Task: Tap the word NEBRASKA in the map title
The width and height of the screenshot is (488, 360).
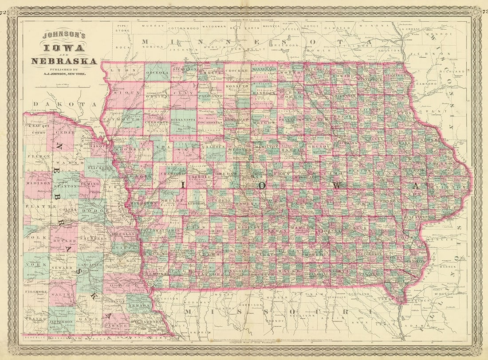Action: pos(68,61)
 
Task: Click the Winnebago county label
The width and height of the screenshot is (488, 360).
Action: pos(264,70)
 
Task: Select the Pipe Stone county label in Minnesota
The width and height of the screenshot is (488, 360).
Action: pos(122,28)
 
